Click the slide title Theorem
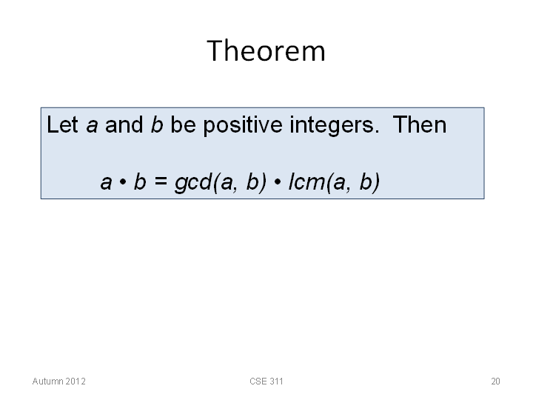[x=266, y=50]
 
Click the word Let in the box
[x=62, y=124]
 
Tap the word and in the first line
[x=124, y=124]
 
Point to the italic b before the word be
[x=157, y=124]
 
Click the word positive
[x=243, y=126]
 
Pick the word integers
[x=334, y=126]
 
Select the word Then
[x=420, y=124]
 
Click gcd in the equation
[x=192, y=183]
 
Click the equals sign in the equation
[x=161, y=181]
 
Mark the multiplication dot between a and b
[x=123, y=182]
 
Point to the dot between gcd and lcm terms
[x=278, y=182]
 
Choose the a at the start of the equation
[x=106, y=184]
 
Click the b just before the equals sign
[x=140, y=182]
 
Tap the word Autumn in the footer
[x=47, y=381]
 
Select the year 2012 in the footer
[x=75, y=381]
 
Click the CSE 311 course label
[x=266, y=381]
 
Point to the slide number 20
[x=495, y=381]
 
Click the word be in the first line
[x=183, y=124]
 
